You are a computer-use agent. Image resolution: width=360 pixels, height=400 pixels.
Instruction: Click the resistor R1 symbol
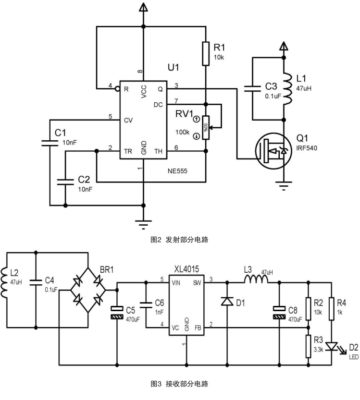pos(206,53)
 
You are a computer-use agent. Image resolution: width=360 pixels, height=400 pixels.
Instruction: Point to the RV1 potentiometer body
pos(206,127)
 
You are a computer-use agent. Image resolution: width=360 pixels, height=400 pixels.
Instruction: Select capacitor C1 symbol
pos(50,142)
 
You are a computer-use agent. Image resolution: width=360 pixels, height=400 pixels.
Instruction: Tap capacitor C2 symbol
pos(65,182)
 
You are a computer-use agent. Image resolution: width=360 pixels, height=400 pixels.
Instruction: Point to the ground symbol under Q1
pos(284,185)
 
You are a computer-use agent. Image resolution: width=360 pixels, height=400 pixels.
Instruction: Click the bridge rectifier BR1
pos(88,291)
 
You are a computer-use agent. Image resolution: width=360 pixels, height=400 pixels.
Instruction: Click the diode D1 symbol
pos(226,302)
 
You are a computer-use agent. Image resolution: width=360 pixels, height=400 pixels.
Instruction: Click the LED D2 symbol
pos(331,346)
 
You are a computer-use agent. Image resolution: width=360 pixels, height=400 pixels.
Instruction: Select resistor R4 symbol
pos(331,305)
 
